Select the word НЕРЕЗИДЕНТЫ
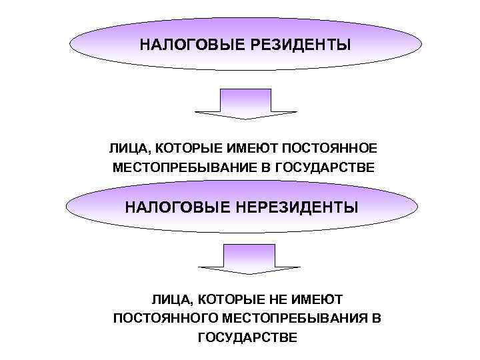(300, 207)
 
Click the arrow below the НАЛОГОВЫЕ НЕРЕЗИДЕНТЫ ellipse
(248, 259)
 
